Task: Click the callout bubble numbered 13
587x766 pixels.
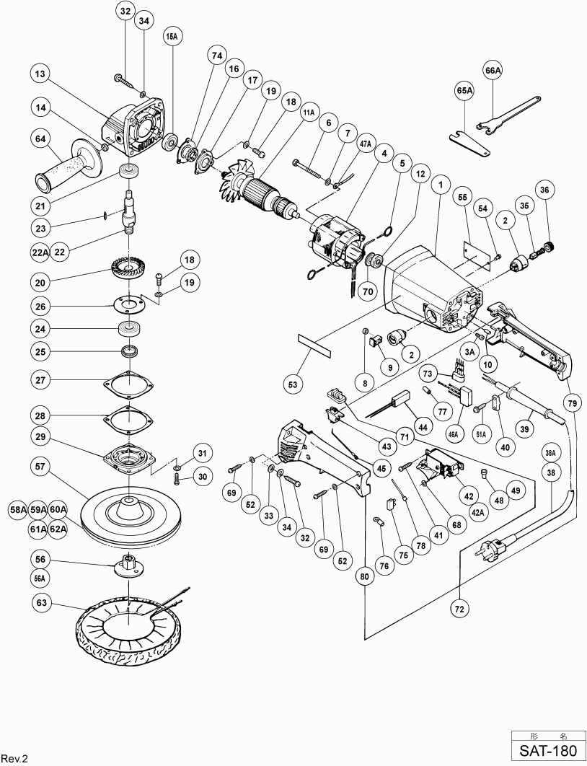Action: coord(40,74)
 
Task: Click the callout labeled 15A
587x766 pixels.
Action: coord(172,37)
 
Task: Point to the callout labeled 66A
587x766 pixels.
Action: coord(493,70)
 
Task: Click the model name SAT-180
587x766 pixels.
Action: coord(549,750)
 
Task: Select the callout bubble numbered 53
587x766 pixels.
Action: coord(293,385)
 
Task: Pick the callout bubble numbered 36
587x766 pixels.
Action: coord(544,190)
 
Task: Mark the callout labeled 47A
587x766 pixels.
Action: coord(365,145)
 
